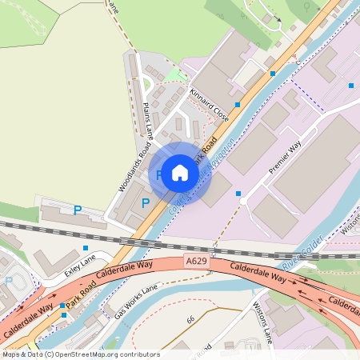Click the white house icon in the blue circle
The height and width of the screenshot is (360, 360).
(180, 173)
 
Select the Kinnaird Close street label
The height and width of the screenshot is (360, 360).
(210, 105)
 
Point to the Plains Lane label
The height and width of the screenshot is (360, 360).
(147, 118)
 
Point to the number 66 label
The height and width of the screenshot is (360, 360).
(190, 319)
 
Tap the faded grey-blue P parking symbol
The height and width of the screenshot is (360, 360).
(9, 281)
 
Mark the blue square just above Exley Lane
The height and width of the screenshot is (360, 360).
(86, 248)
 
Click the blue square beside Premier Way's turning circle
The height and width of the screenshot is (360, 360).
(238, 194)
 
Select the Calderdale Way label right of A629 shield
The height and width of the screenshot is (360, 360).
(258, 273)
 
